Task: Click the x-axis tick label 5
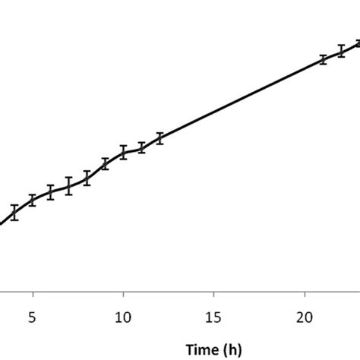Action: [33, 314]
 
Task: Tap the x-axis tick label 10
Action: [123, 314]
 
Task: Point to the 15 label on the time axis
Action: [213, 314]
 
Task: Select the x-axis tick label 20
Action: [305, 314]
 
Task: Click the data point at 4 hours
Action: [14, 212]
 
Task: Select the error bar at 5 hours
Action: [33, 201]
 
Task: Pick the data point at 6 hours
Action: [51, 192]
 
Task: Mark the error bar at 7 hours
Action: [68, 186]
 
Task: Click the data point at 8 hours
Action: [87, 178]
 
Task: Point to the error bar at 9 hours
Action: [105, 164]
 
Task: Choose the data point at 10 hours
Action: [123, 153]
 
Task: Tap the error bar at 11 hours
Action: [141, 147]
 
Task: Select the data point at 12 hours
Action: [159, 138]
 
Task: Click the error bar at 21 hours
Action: [323, 59]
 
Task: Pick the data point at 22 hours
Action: [341, 51]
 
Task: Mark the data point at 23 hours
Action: [357, 43]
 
